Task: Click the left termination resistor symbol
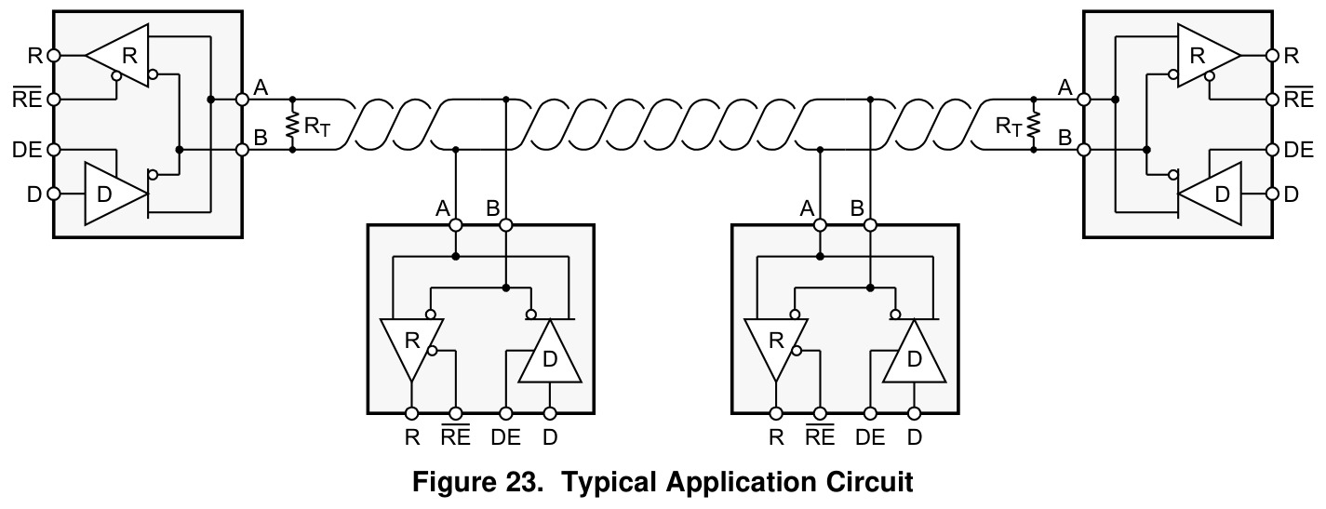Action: pyautogui.click(x=291, y=125)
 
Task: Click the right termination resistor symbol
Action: pyautogui.click(x=1034, y=125)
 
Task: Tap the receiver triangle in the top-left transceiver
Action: pyautogui.click(x=118, y=56)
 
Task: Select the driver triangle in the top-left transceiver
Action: pyautogui.click(x=114, y=194)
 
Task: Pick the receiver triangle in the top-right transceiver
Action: pyautogui.click(x=1208, y=56)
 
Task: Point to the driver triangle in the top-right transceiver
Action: pyautogui.click(x=1212, y=194)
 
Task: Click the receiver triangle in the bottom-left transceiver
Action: pyautogui.click(x=412, y=349)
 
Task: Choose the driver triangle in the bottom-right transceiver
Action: pyautogui.click(x=914, y=352)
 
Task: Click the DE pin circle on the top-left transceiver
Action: pyautogui.click(x=53, y=150)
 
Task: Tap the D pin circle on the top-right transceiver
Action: pyautogui.click(x=1273, y=194)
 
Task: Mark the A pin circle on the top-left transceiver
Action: pyautogui.click(x=242, y=99)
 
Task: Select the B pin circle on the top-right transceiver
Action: pyautogui.click(x=1084, y=150)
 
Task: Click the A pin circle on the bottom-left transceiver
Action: pyautogui.click(x=456, y=225)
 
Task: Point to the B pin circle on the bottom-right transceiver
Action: pyautogui.click(x=870, y=225)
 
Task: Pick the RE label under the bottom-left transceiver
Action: pyautogui.click(x=456, y=436)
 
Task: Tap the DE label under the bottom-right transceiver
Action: pyautogui.click(x=870, y=437)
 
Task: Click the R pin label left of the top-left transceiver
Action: pyautogui.click(x=35, y=56)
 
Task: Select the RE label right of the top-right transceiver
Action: pyautogui.click(x=1299, y=99)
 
